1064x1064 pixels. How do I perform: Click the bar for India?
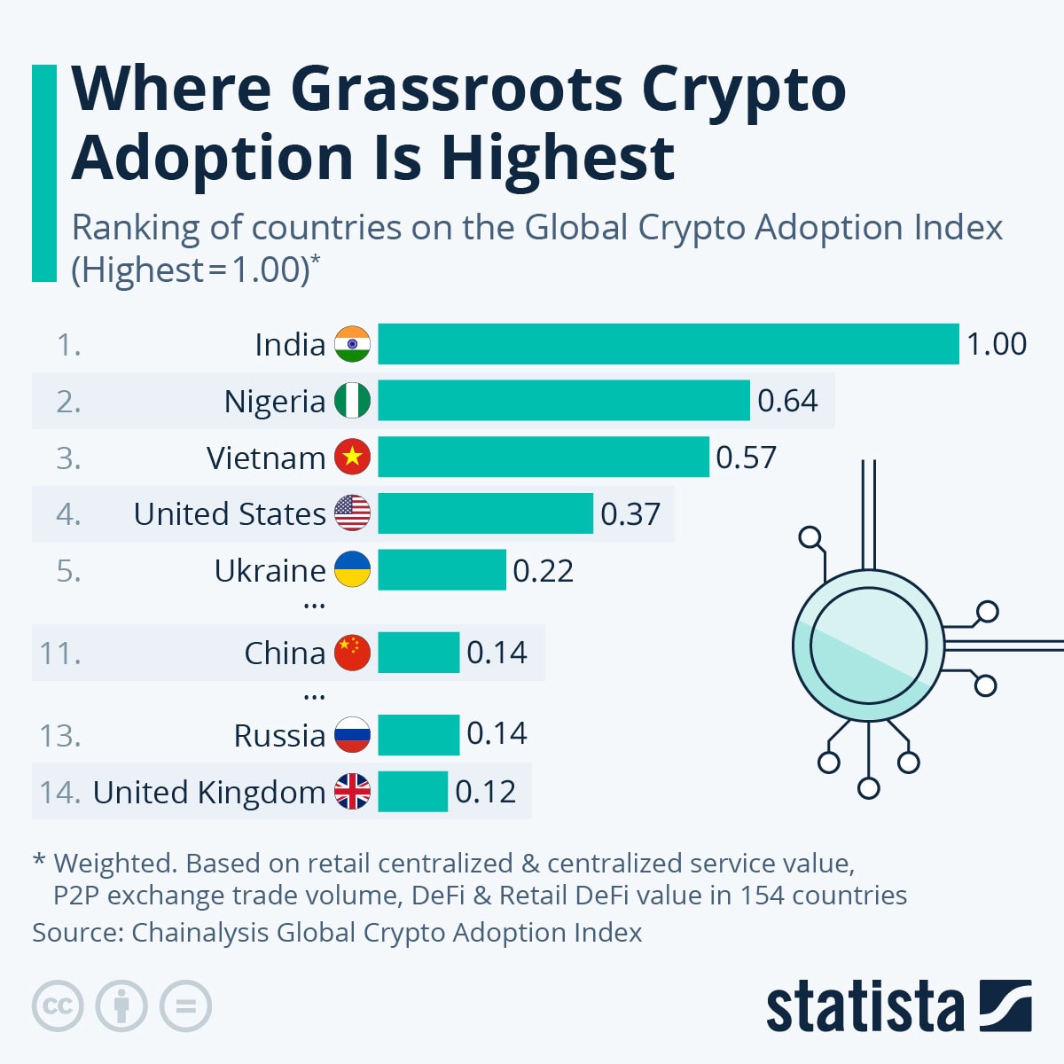pos(669,344)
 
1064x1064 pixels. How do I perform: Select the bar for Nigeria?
pos(564,401)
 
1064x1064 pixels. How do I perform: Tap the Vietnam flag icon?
pos(352,458)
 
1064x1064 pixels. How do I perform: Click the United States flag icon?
pos(352,513)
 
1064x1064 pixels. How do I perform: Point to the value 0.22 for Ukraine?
pos(543,570)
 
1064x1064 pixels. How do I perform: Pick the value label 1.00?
pos(996,344)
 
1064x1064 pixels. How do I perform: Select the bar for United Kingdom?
pos(412,792)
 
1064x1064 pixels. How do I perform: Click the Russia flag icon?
pos(352,735)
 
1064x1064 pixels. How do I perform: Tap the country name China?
pos(285,653)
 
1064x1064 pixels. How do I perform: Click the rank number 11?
pos(59,653)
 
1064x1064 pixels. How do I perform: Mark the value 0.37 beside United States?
pos(630,514)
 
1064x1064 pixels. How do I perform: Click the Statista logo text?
pos(864,1007)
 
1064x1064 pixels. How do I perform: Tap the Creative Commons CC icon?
pos(58,1006)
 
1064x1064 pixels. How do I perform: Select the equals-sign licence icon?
pos(185,1006)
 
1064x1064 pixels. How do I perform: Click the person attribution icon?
pos(121,1006)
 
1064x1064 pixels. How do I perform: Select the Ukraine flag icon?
pos(352,570)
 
